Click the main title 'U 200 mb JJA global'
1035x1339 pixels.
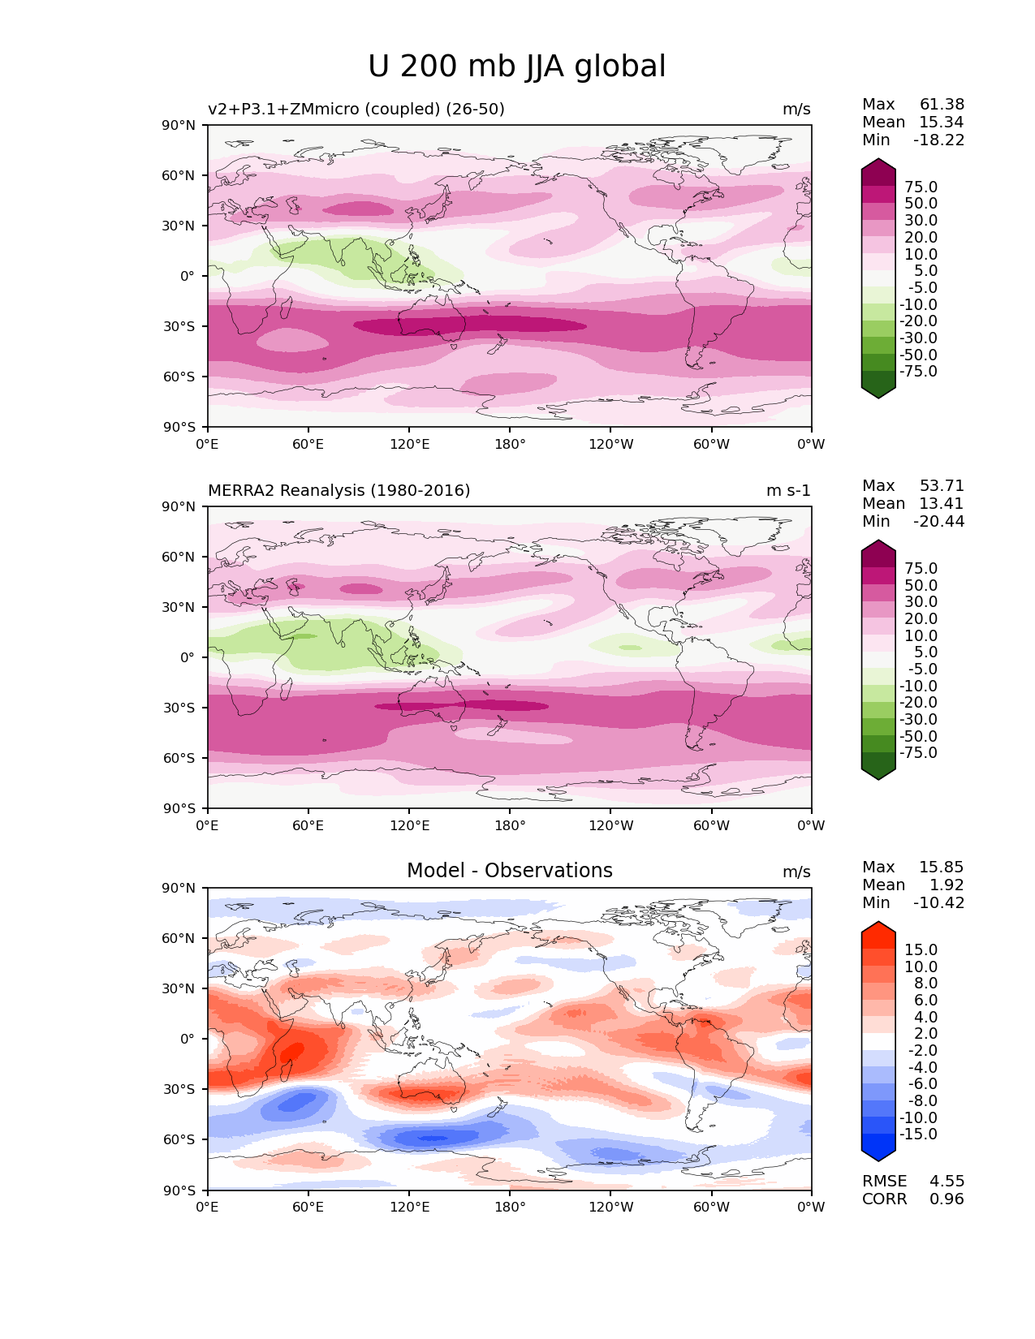516,67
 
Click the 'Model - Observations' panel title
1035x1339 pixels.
509,871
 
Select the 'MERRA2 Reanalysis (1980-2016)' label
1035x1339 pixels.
339,490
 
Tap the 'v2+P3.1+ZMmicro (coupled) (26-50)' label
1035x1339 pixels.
356,109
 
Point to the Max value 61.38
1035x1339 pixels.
942,104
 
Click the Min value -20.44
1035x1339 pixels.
938,521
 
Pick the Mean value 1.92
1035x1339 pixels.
946,885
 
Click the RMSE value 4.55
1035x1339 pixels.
947,1181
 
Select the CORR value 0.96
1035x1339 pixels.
947,1199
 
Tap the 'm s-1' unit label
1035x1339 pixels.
787,490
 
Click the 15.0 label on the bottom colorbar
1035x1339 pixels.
921,949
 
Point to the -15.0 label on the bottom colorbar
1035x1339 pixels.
918,1134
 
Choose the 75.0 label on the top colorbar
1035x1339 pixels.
921,187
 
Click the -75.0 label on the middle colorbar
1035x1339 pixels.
918,752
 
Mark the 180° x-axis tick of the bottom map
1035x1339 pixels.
510,1207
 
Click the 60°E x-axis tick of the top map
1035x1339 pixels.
308,444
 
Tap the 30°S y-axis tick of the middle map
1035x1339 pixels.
179,708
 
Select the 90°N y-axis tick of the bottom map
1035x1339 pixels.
179,888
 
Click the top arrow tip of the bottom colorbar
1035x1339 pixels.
878,923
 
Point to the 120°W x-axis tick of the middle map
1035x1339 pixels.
610,825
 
